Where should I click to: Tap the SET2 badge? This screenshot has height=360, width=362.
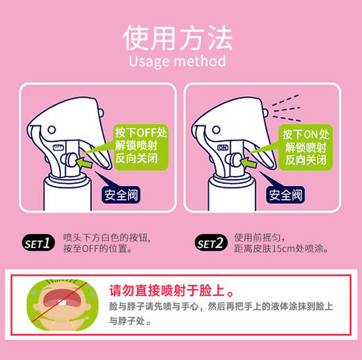click(x=210, y=243)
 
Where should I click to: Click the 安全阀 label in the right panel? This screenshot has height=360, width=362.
click(x=285, y=195)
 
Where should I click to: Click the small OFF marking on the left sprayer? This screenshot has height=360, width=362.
click(x=58, y=148)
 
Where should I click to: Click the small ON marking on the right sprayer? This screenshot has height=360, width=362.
click(x=223, y=148)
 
